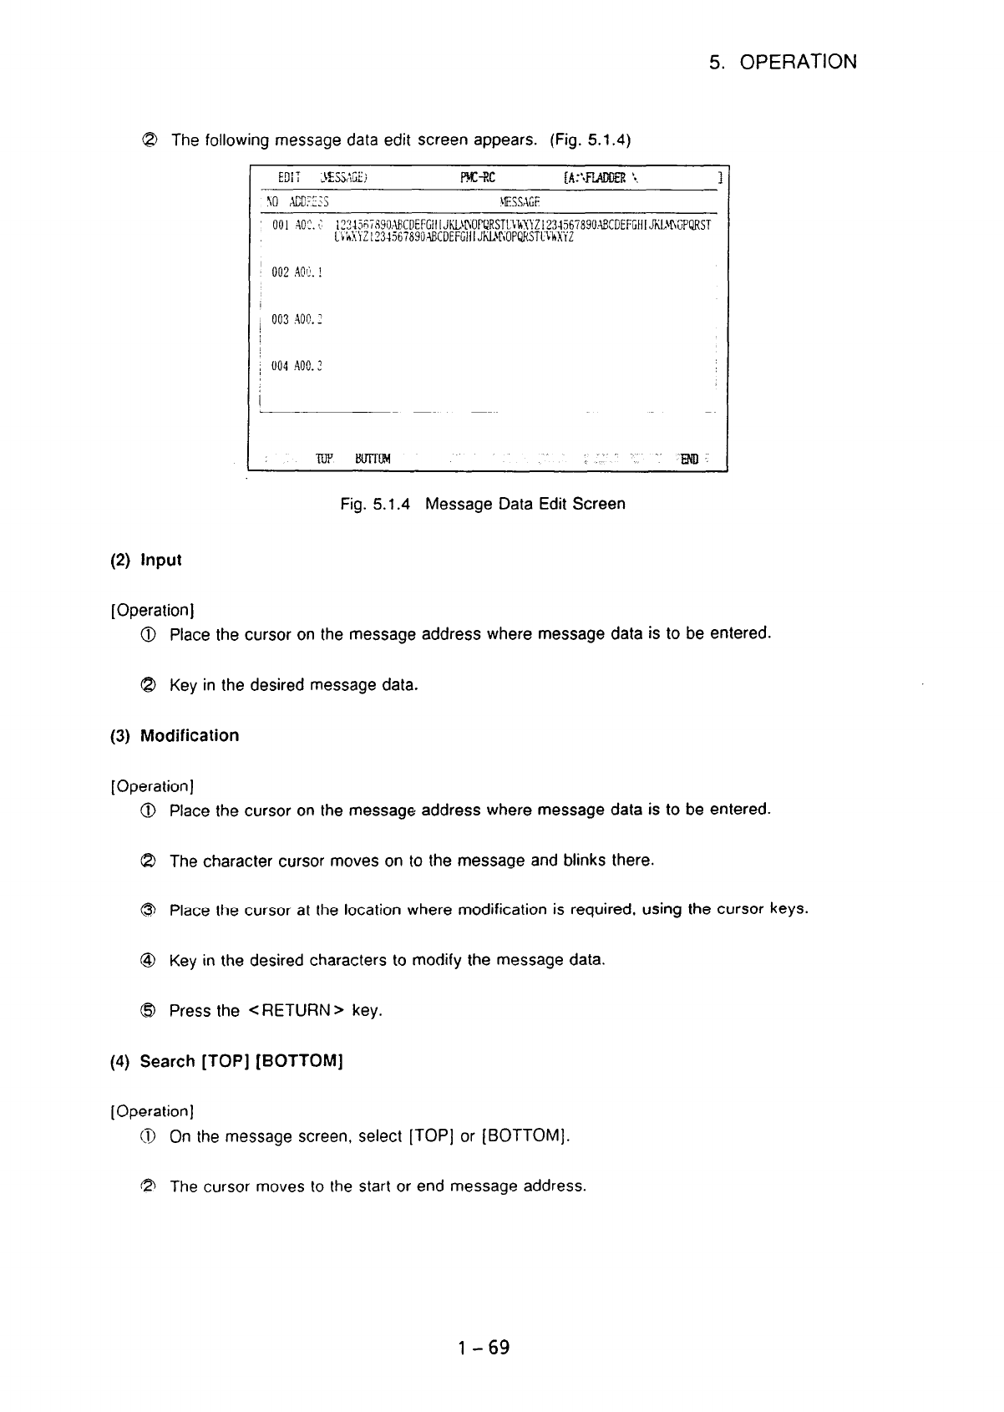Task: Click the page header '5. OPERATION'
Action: (783, 63)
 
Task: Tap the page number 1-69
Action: (484, 1348)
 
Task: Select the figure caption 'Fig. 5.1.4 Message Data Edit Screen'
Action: (483, 504)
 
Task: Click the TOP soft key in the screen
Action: (325, 459)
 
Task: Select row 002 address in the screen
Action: (297, 272)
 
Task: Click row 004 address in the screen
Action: (297, 366)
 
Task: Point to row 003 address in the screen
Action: (297, 319)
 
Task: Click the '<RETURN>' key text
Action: (296, 1011)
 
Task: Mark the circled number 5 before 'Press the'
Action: (151, 1011)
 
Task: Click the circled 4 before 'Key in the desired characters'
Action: (151, 961)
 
